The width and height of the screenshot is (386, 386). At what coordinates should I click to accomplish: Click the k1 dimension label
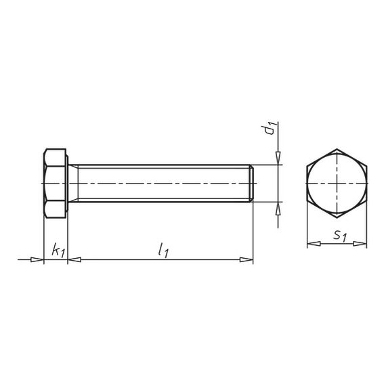[x=57, y=251]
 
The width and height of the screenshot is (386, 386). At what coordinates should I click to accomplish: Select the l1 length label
[x=163, y=251]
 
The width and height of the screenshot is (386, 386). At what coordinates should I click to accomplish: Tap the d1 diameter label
[x=270, y=129]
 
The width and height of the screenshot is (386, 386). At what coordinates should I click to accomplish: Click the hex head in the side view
[x=56, y=184]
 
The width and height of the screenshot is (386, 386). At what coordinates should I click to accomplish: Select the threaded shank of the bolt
[x=163, y=184]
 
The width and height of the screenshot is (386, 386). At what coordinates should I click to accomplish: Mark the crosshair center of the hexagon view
[x=337, y=184]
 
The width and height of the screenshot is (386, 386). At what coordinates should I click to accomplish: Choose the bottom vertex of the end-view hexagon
[x=337, y=219]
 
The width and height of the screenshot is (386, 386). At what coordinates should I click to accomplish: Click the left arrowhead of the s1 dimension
[x=310, y=243]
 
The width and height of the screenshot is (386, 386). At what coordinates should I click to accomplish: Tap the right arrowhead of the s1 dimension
[x=364, y=243]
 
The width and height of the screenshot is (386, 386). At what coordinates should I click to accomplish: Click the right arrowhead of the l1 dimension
[x=249, y=259]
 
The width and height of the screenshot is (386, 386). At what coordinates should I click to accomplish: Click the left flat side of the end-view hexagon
[x=307, y=184]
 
